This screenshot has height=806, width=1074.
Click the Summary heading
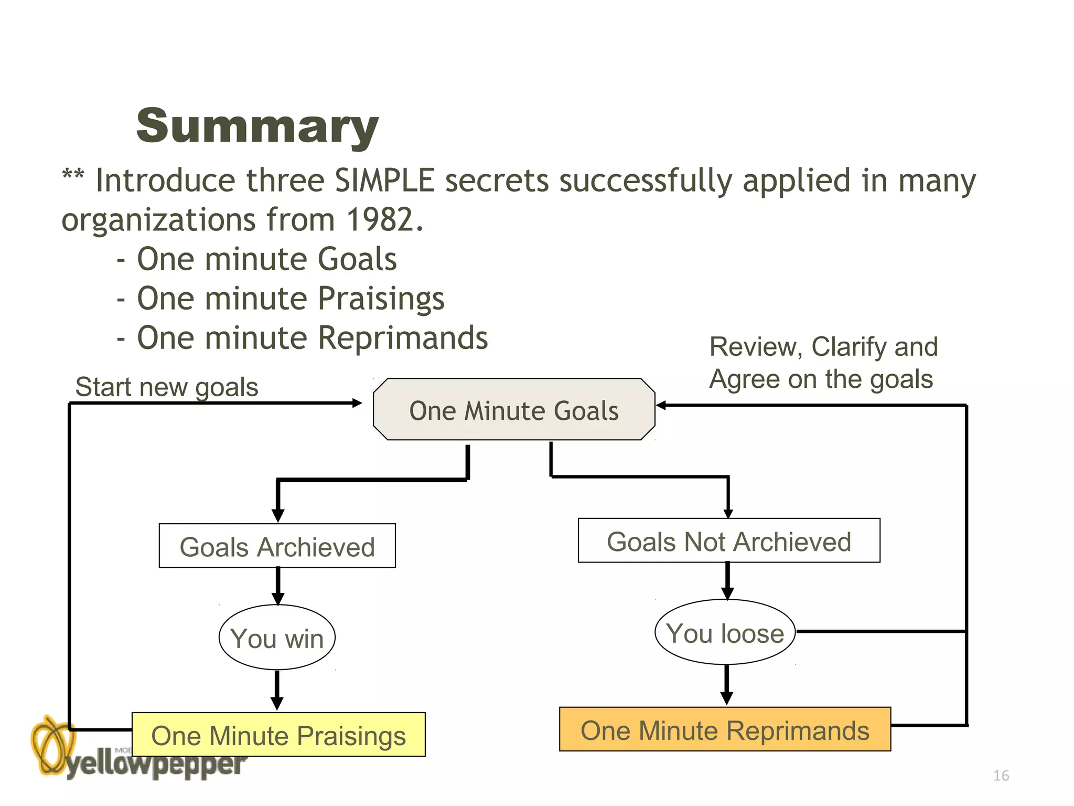coord(257,126)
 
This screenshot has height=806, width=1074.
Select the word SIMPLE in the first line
coord(384,181)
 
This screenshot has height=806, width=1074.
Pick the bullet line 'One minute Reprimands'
coord(312,338)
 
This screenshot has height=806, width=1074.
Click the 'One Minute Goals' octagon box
coord(514,410)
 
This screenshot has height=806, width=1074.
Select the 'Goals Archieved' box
coord(277,546)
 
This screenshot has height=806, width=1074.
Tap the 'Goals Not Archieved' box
coord(729,541)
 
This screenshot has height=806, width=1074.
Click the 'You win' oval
coord(277,638)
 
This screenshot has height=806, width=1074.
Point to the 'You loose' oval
coord(725,632)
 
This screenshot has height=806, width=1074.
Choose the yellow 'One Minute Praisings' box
coord(278,735)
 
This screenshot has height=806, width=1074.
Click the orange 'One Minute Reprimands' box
coord(725,730)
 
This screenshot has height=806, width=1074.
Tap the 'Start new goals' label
coord(167,387)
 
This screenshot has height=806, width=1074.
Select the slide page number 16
coord(1001,776)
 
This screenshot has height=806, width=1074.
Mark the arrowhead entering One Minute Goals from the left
coord(357,403)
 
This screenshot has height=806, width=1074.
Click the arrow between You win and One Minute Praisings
coord(277,690)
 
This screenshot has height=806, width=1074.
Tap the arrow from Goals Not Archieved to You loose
coord(727,580)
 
